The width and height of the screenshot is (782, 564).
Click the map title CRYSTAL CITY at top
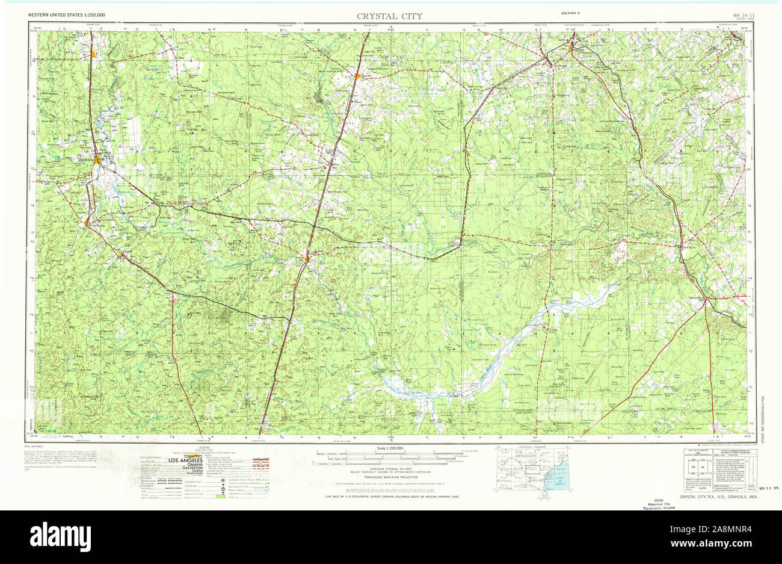point(389,16)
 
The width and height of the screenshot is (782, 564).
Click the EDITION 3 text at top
point(570,13)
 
